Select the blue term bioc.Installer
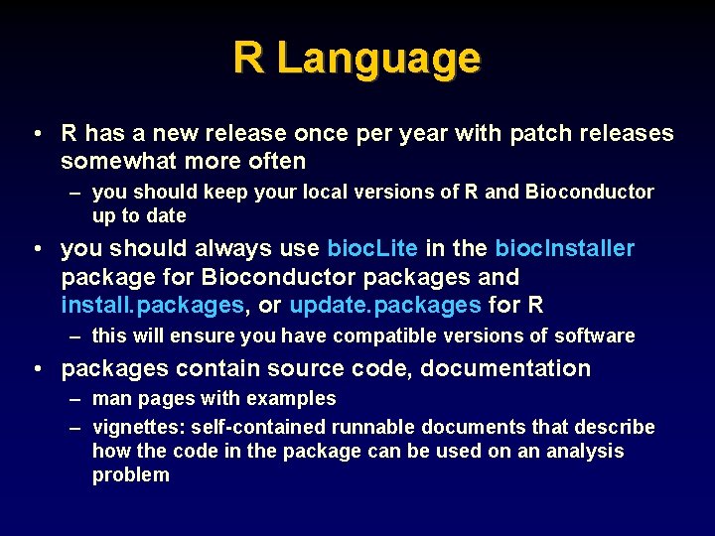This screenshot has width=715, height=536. point(565,248)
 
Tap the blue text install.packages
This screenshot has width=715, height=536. point(152,305)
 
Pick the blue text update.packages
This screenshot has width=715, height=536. point(385,305)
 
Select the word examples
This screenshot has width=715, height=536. point(295,399)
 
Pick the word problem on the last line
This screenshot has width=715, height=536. point(131,475)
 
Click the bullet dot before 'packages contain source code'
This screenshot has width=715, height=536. point(37,369)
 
